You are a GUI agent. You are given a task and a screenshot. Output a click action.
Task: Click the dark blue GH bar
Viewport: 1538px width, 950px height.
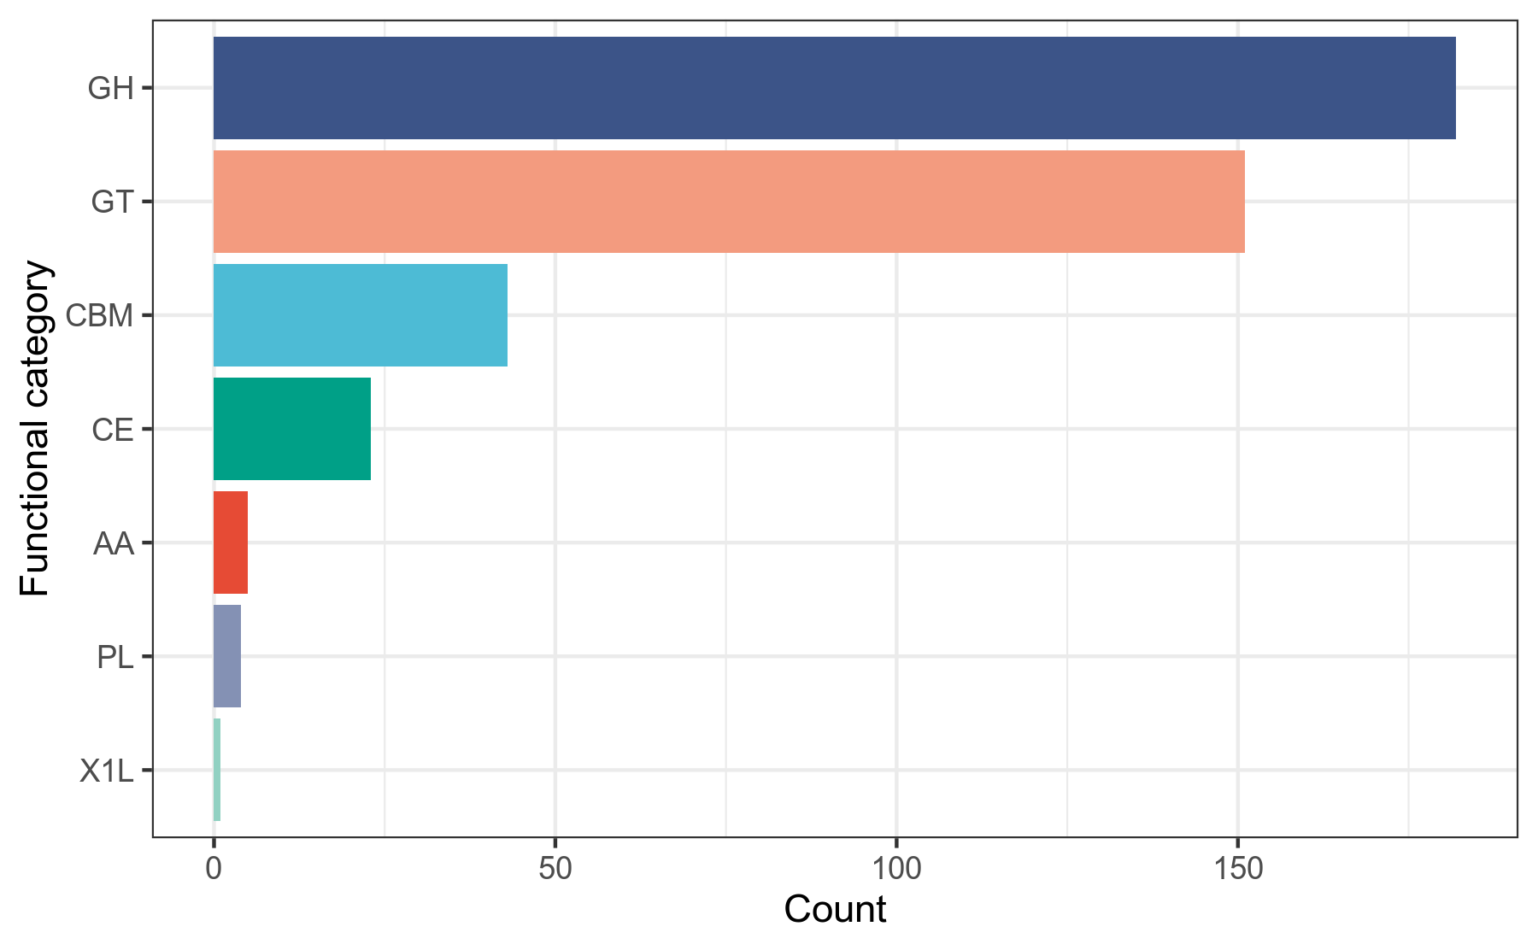834,88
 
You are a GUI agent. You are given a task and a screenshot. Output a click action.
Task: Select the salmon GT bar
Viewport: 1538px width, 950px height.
728,202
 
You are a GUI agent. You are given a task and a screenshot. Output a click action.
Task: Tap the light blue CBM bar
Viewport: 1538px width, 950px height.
360,315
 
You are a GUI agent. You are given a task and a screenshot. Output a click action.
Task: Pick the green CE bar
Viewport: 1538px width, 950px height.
291,429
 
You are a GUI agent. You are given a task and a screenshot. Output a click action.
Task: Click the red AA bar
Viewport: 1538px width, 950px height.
230,542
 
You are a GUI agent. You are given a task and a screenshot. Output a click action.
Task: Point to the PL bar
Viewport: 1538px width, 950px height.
226,656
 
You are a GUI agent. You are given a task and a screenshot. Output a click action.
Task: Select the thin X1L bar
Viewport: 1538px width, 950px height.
217,770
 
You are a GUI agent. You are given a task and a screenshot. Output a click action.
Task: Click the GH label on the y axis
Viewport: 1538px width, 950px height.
111,88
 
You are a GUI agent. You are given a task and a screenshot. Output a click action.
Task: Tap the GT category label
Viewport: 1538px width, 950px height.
113,202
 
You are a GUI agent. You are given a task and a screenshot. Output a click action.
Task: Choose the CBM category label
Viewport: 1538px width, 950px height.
100,316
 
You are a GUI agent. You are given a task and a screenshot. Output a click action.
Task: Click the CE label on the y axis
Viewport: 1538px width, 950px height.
113,430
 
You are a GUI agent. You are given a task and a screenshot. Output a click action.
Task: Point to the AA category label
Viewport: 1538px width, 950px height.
114,543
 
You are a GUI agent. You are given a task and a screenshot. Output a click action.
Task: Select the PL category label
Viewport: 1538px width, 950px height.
115,657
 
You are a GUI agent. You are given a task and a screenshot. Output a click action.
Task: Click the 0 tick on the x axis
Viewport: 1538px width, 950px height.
214,869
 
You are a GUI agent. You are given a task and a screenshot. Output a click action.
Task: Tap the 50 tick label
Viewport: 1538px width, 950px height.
555,869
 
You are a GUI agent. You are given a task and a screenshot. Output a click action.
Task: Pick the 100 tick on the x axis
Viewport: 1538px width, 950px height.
896,869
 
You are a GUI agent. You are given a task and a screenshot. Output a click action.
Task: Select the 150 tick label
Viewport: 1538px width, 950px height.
1237,869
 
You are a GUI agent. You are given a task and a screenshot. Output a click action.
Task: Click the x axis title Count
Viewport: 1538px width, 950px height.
835,910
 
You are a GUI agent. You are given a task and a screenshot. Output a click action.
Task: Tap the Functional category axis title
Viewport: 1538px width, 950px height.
36,429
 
